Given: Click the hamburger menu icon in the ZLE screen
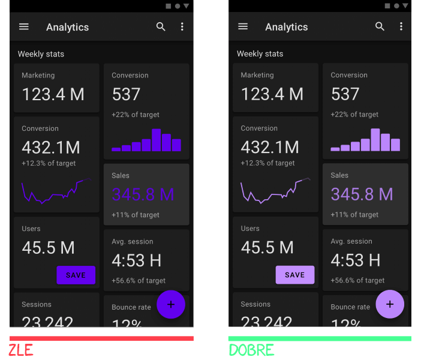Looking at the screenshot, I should pos(24,27).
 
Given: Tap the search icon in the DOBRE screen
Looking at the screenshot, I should pos(380,26).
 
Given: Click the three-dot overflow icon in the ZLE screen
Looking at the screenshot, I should pos(182,27).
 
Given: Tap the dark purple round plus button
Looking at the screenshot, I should pos(171,305).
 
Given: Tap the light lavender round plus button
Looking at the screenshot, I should pos(390,305).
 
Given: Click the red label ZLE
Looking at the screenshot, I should pos(21,350).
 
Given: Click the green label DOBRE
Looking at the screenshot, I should pos(251,350).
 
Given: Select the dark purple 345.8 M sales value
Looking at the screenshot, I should pos(143,194).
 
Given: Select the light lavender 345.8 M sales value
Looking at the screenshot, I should pos(362,194).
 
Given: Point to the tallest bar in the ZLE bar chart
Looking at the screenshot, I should pos(156,140).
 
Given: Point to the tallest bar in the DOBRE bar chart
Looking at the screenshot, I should pos(375,140).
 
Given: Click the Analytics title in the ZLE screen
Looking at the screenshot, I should pos(67,27).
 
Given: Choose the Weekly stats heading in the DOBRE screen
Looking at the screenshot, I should pos(260,54).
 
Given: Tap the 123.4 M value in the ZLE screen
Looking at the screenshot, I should pos(53,94).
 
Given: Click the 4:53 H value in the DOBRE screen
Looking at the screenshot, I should pos(356,260).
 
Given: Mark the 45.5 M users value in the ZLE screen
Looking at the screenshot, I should pos(48,247).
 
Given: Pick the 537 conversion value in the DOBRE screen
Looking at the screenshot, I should pos(345,94).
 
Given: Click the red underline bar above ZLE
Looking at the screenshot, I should pos(101,338).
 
